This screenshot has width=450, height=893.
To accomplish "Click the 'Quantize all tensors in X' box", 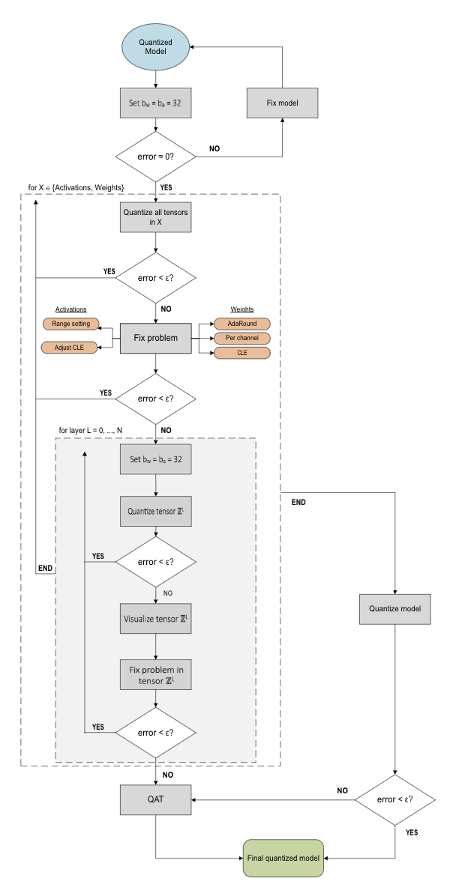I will point(154,217).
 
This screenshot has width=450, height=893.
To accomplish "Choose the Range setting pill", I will point(71,324).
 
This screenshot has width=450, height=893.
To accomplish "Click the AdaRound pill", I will point(242,324).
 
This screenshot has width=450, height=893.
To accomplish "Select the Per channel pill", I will point(242,338).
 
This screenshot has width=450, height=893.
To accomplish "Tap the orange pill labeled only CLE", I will point(242,352).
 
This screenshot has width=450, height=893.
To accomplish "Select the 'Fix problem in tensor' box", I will point(154,674).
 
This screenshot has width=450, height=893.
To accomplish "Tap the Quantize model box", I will point(395,608).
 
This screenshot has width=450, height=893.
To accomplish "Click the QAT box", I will point(154,799).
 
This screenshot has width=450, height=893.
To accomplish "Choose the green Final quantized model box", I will point(283,857).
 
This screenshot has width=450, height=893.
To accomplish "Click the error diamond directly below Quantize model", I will point(395,799).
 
